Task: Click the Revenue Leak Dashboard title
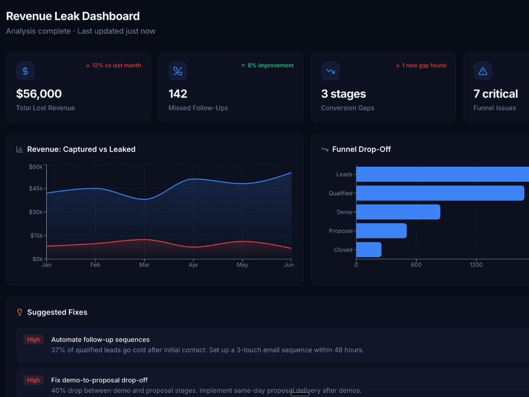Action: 73,16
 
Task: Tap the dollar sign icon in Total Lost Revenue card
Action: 25,71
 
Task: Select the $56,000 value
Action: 39,94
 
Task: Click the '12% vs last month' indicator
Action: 113,65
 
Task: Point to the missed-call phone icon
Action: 178,71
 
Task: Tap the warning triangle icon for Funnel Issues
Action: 483,71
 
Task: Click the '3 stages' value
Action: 343,94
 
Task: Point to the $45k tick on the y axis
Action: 36,188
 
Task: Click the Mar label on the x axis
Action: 144,265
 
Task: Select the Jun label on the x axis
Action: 288,265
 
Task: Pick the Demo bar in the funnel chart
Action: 398,212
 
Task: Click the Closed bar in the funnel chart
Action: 369,250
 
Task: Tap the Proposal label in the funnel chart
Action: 341,231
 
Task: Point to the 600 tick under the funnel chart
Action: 416,265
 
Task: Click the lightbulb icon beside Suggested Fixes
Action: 19,312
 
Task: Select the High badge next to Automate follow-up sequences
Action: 34,340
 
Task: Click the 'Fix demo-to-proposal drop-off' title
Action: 99,380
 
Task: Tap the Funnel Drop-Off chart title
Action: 361,150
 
